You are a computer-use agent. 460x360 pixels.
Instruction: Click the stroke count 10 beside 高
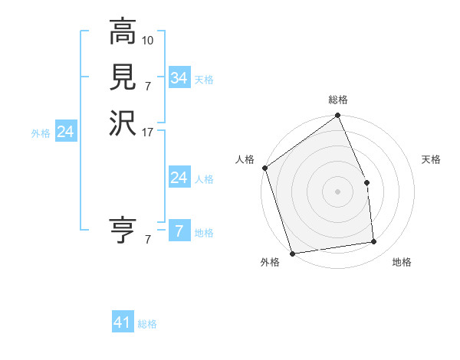click(x=148, y=39)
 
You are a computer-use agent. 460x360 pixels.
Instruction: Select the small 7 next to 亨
click(x=148, y=240)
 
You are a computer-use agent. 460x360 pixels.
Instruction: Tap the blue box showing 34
click(x=179, y=78)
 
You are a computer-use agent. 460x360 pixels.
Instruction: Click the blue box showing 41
click(x=123, y=322)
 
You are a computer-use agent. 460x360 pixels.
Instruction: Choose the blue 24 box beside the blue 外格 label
click(x=66, y=132)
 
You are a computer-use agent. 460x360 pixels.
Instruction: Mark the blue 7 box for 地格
click(x=179, y=231)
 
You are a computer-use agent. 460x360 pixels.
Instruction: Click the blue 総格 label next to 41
click(x=147, y=324)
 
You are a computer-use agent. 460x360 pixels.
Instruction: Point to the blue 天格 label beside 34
click(x=204, y=80)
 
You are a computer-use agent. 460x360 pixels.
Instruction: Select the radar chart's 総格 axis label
click(x=338, y=100)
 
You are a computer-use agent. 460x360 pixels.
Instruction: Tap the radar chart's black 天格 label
click(x=432, y=159)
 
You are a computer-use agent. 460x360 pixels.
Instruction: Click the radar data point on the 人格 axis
click(x=264, y=168)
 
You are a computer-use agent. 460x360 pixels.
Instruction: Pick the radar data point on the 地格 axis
click(x=374, y=242)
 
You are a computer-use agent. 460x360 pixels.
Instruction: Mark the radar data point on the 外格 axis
click(x=292, y=253)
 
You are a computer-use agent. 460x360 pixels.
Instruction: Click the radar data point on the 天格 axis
click(x=367, y=182)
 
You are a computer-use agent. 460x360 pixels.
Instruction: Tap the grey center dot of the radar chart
click(x=337, y=191)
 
